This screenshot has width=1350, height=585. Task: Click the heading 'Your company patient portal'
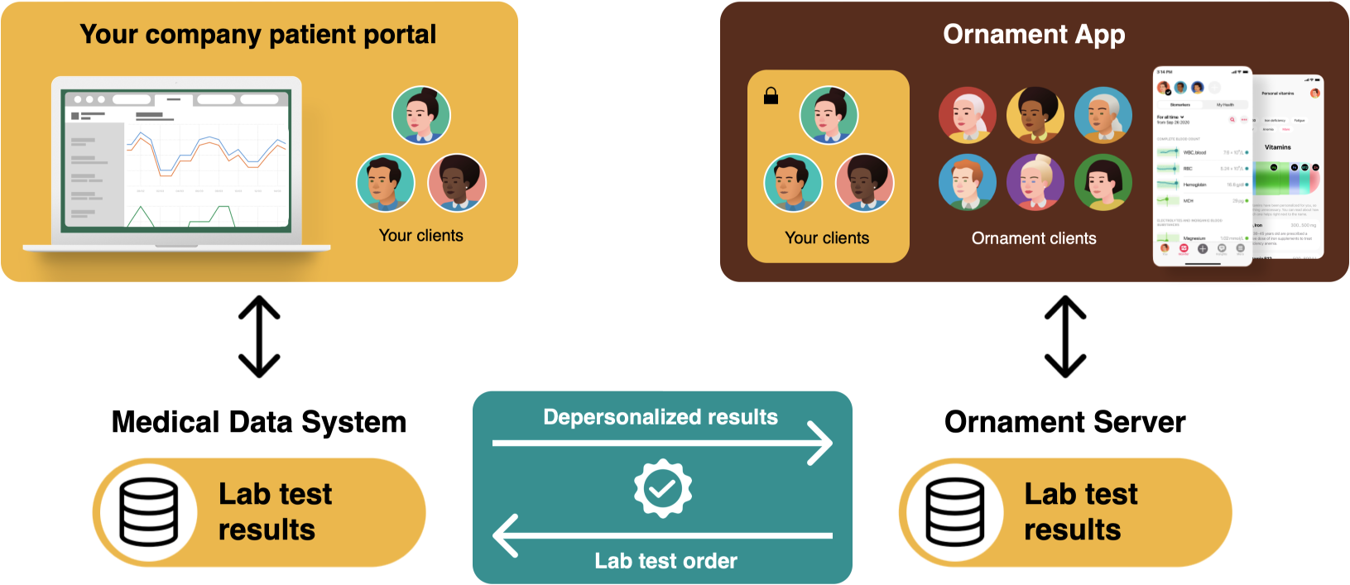[x=257, y=35]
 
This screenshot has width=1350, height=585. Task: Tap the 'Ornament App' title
[x=1034, y=35]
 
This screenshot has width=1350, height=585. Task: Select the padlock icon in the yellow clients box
[x=771, y=96]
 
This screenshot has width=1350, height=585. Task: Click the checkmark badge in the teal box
[x=662, y=488]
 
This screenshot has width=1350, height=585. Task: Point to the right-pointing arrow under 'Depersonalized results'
[x=662, y=444]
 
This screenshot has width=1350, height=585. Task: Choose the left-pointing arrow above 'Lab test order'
[x=662, y=535]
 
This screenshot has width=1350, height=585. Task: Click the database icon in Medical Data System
[x=149, y=511]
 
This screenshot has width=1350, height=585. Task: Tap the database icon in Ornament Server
[x=955, y=511]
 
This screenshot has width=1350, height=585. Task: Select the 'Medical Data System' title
[x=259, y=422]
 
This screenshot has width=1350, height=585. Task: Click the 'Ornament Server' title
[x=1064, y=422]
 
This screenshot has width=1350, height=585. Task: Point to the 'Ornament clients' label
[x=1034, y=238]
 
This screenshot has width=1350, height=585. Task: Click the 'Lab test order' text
[x=665, y=561]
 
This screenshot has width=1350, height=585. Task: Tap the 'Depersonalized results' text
[x=661, y=417]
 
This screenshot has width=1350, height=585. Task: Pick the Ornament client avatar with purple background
[x=1035, y=182]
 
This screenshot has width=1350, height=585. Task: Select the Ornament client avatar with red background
[x=967, y=115]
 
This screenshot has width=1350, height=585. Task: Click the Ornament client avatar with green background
[x=1103, y=182]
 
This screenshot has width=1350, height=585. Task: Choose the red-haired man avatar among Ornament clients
[x=967, y=182]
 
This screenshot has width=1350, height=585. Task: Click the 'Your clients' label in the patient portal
[x=420, y=236]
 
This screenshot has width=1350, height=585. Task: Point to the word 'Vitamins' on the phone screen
[x=1277, y=147]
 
